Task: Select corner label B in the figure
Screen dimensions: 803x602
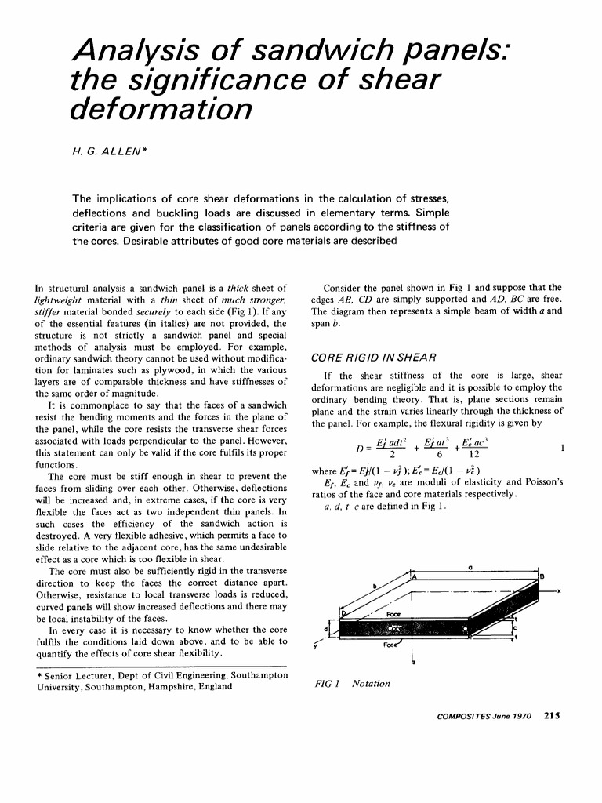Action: (x=542, y=577)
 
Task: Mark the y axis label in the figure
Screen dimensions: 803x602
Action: (x=315, y=645)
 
